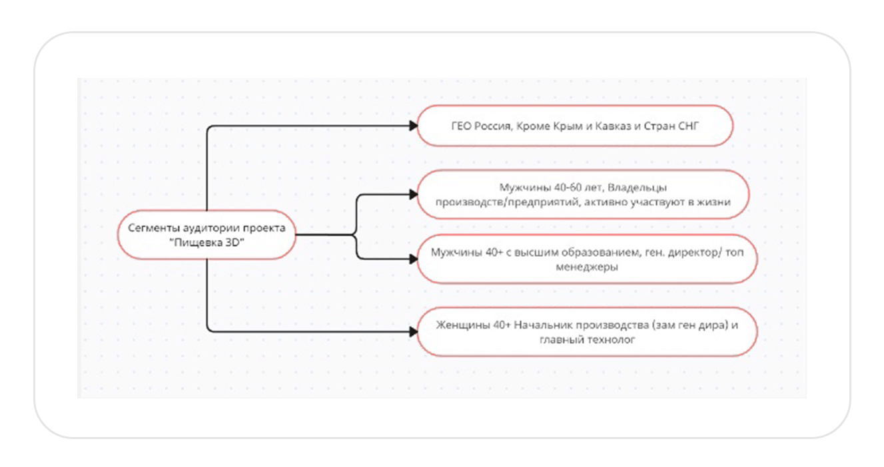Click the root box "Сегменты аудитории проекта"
[x=207, y=235]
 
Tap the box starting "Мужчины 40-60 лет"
[x=583, y=194]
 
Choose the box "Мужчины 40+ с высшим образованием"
[x=586, y=259]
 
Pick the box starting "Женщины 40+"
[x=586, y=331]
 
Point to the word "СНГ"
[x=687, y=125]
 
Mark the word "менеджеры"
[x=587, y=267]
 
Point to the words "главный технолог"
[x=587, y=339]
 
